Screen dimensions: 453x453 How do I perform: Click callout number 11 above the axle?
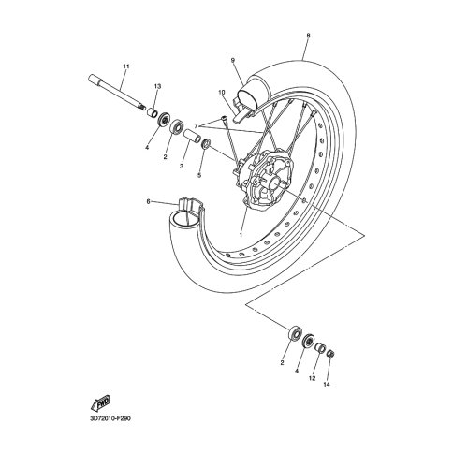126,66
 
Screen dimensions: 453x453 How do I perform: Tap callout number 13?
157,86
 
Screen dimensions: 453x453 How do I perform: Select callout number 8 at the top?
308,36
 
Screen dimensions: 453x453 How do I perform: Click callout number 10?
222,93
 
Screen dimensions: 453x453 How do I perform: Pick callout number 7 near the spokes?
196,126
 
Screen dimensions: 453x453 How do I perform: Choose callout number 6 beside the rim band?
148,201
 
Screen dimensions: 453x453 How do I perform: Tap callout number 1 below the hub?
241,234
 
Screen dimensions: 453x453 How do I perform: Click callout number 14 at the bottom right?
327,385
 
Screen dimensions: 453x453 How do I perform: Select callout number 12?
312,378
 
